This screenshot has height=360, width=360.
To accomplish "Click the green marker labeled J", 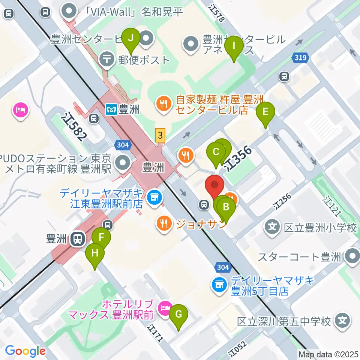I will (131, 38).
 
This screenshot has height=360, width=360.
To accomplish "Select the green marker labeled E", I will (265, 112).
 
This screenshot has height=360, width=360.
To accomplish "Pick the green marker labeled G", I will (178, 314).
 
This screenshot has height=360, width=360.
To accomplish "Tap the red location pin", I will (215, 185).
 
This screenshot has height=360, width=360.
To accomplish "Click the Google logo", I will (25, 351).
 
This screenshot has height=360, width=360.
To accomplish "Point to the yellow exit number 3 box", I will (160, 135).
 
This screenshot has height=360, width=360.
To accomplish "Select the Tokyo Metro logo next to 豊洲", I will (111, 109).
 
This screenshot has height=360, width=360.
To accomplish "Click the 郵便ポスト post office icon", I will (107, 59).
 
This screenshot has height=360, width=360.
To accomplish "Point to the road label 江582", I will (75, 127).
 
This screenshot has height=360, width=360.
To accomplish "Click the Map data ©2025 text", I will (328, 354).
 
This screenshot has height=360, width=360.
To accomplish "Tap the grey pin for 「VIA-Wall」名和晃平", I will (69, 12).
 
